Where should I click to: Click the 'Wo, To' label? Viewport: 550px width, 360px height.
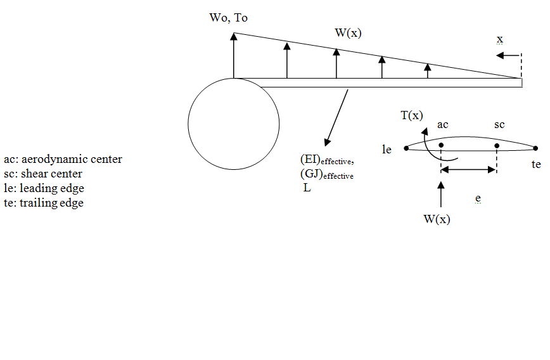click(x=228, y=18)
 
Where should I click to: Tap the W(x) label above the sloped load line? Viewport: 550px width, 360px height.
click(x=348, y=32)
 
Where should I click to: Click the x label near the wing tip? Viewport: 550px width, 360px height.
click(x=500, y=39)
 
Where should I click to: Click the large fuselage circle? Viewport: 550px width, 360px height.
click(x=234, y=124)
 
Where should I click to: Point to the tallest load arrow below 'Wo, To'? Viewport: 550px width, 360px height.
click(x=234, y=55)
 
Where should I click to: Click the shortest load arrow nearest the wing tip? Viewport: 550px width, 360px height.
click(x=428, y=70)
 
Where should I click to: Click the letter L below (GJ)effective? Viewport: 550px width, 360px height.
click(x=307, y=188)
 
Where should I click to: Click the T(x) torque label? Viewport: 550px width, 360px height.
click(x=411, y=115)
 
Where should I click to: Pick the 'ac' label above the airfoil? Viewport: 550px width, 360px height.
click(x=443, y=125)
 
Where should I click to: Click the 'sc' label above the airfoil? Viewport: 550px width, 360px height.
click(x=499, y=125)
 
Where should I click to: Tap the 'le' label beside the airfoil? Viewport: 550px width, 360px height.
click(x=387, y=150)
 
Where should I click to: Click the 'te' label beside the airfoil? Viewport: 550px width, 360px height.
click(x=536, y=164)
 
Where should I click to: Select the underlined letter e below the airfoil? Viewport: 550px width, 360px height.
click(x=477, y=199)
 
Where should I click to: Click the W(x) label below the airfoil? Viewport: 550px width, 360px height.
click(x=437, y=219)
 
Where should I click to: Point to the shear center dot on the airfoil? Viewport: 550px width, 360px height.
click(x=497, y=146)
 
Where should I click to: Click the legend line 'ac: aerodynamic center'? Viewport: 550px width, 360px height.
click(x=63, y=159)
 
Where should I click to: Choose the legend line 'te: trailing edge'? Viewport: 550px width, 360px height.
click(x=43, y=203)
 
